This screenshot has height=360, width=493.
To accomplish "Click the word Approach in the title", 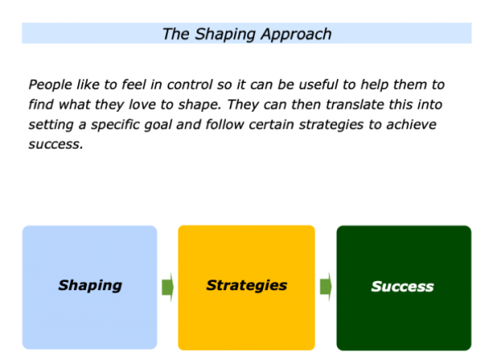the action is click(x=296, y=35).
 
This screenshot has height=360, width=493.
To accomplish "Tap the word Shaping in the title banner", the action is click(x=225, y=35).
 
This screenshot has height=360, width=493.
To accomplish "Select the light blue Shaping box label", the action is click(x=90, y=286).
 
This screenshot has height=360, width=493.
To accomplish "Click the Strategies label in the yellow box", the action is click(x=246, y=285).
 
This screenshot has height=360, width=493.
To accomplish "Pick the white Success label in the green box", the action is click(x=403, y=286).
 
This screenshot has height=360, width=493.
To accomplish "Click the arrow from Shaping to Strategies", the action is click(x=168, y=287).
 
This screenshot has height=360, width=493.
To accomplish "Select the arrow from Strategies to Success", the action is click(x=325, y=287).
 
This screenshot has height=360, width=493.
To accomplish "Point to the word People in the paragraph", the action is click(x=50, y=85).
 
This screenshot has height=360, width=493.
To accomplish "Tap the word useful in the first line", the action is click(x=318, y=85).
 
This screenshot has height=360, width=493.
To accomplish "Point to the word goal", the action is click(x=158, y=125).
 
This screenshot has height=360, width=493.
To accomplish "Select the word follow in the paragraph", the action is click(x=225, y=124).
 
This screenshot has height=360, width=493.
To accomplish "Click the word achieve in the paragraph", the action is click(x=412, y=124).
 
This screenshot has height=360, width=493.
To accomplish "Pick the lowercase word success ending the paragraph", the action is click(x=56, y=145).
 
